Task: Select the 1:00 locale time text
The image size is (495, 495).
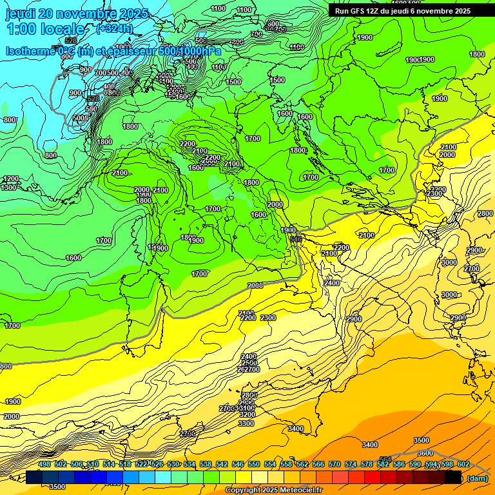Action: pos(45,29)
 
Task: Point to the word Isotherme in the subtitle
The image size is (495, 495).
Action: pos(30,51)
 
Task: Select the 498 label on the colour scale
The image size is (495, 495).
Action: pos(44,465)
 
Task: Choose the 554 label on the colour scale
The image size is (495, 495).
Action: pos(270,465)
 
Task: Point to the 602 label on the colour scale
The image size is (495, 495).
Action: pos(463,465)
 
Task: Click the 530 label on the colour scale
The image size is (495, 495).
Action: pos(173,465)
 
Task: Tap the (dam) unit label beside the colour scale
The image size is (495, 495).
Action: pos(477,478)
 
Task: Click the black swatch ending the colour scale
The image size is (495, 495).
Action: pos(453,477)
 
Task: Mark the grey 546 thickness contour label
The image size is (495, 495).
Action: pos(296,239)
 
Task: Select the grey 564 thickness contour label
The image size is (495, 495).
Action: pos(385,460)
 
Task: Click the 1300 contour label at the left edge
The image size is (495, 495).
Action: pos(9,188)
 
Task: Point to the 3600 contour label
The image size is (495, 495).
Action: pos(425,453)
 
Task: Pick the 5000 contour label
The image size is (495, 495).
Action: pos(81,118)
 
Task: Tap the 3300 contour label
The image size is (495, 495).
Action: pos(246,423)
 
